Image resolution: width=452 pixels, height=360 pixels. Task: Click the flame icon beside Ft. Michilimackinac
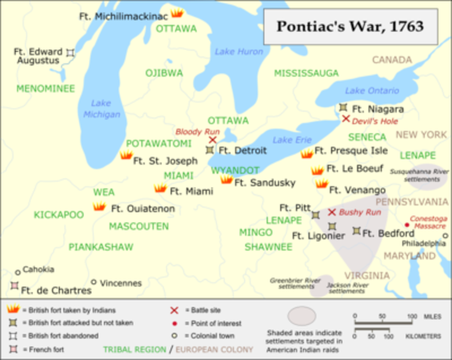pyautogui.click(x=176, y=13)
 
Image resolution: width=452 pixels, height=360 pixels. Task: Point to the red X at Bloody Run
pyautogui.click(x=212, y=139)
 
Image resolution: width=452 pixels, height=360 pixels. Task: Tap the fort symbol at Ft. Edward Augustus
pyautogui.click(x=70, y=52)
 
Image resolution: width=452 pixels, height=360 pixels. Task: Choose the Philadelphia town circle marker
pyautogui.click(x=445, y=235)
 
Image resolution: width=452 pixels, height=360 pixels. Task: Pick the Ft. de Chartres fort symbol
pyautogui.click(x=14, y=286)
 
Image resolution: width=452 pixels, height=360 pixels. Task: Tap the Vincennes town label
pyautogui.click(x=121, y=283)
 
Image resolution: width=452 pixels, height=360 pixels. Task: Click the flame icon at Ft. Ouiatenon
pyautogui.click(x=98, y=206)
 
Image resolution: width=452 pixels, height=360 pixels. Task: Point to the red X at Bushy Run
pyautogui.click(x=331, y=212)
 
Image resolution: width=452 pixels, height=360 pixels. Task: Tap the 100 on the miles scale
pyautogui.click(x=412, y=316)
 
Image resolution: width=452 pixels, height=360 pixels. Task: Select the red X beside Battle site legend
pyautogui.click(x=175, y=308)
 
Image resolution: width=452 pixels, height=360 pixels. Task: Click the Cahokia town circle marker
pyautogui.click(x=17, y=273)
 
